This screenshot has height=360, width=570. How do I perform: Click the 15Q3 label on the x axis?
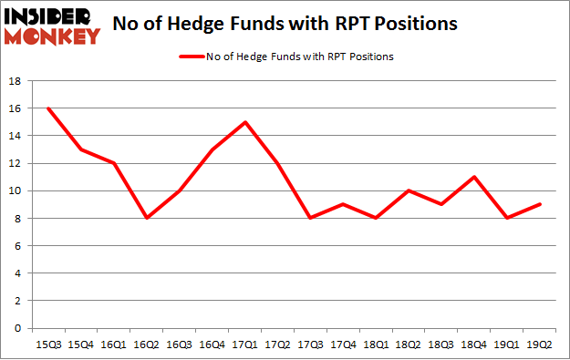pyautogui.click(x=47, y=345)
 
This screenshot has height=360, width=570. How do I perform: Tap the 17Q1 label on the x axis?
pyautogui.click(x=244, y=345)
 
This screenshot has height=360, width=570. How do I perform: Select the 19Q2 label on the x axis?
pyautogui.click(x=542, y=345)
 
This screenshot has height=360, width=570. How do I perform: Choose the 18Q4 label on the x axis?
pyautogui.click(x=476, y=345)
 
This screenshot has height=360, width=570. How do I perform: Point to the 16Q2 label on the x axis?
pyautogui.click(x=146, y=345)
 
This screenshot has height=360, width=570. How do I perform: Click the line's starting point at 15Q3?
pyautogui.click(x=47, y=108)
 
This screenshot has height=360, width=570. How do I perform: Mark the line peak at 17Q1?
pyautogui.click(x=244, y=122)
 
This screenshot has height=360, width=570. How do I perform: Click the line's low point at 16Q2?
pyautogui.click(x=146, y=219)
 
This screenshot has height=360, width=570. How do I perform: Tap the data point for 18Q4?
pyautogui.click(x=476, y=177)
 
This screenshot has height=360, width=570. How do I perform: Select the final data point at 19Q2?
pyautogui.click(x=542, y=204)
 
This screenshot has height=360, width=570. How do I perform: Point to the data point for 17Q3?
pyautogui.click(x=311, y=219)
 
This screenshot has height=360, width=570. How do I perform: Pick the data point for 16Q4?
pyautogui.click(x=212, y=149)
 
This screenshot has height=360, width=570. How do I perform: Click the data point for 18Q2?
pyautogui.click(x=409, y=190)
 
